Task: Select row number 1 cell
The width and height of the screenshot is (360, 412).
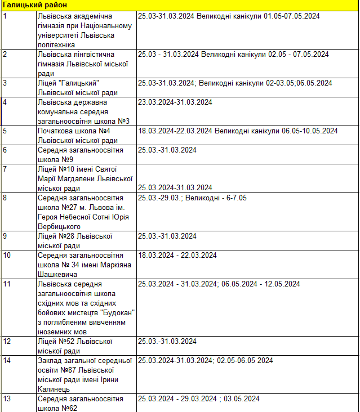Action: [18, 30]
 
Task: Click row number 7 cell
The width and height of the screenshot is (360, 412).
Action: [18, 178]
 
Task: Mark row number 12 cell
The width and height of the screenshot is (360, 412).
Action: [18, 346]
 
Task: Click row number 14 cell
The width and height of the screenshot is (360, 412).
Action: [18, 374]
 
